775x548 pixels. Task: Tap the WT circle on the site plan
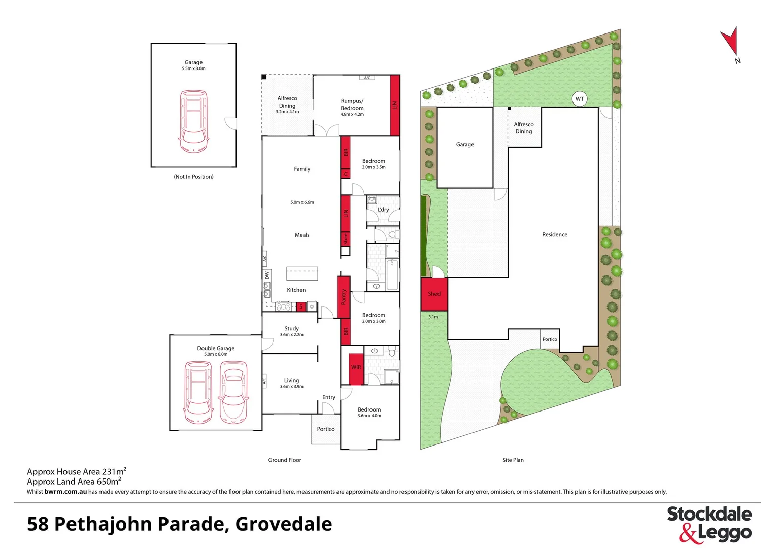pyautogui.click(x=579, y=99)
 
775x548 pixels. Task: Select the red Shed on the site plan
pyautogui.click(x=434, y=294)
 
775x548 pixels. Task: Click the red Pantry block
pyautogui.click(x=344, y=297)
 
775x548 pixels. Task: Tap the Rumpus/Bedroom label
pyautogui.click(x=352, y=105)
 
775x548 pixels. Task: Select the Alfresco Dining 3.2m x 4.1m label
pyautogui.click(x=287, y=105)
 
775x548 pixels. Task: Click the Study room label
pyautogui.click(x=291, y=329)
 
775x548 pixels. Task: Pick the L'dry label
pyautogui.click(x=383, y=210)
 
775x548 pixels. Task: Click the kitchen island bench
pyautogui.click(x=302, y=274)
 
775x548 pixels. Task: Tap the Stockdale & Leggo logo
pyautogui.click(x=709, y=524)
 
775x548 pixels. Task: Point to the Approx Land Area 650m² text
pyautogui.click(x=74, y=482)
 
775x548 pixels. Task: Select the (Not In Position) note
pyautogui.click(x=193, y=177)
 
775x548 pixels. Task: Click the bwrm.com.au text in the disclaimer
pyautogui.click(x=65, y=492)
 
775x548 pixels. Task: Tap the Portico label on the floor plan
pyautogui.click(x=326, y=429)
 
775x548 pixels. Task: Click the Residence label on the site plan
pyautogui.click(x=554, y=235)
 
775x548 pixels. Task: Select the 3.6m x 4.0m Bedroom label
pyautogui.click(x=369, y=412)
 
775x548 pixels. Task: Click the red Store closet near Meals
pyautogui.click(x=346, y=238)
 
